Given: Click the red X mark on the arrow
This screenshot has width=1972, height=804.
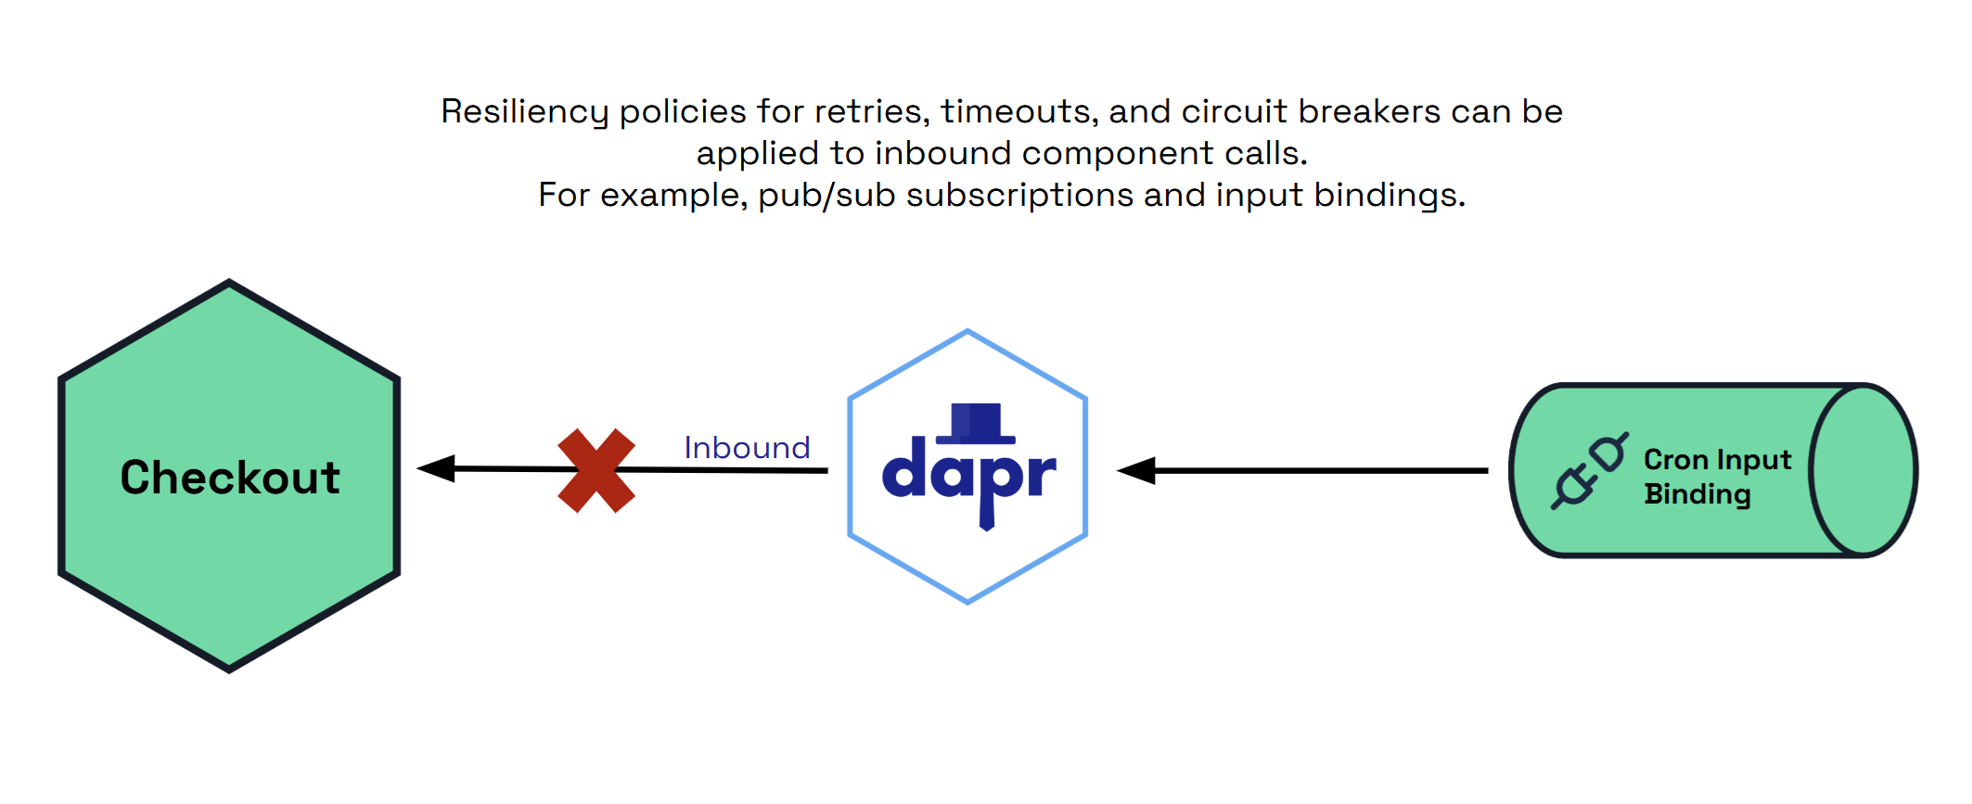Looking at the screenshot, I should [x=596, y=470].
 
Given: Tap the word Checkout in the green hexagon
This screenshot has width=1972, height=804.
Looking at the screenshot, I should [x=230, y=478].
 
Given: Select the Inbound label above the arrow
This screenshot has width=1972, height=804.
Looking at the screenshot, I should [x=747, y=448].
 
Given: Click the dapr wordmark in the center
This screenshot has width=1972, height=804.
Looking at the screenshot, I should [x=968, y=476].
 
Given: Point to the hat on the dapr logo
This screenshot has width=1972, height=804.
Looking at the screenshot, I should [x=976, y=423].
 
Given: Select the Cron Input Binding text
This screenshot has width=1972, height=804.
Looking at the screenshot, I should [x=1716, y=477].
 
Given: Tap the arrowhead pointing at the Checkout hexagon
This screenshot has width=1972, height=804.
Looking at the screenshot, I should [x=436, y=468].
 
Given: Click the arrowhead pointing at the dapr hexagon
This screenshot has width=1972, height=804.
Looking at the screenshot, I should [x=1137, y=471].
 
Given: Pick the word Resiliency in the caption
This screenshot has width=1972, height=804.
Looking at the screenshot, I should [x=524, y=112].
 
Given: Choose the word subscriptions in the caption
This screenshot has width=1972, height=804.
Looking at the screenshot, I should [x=1019, y=196].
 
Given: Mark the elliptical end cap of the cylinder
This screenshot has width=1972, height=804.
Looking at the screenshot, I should [x=1863, y=470].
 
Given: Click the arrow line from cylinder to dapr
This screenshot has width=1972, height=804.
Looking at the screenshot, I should [x=1317, y=471].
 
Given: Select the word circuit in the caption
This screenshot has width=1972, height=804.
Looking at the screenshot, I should [x=1235, y=112].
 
